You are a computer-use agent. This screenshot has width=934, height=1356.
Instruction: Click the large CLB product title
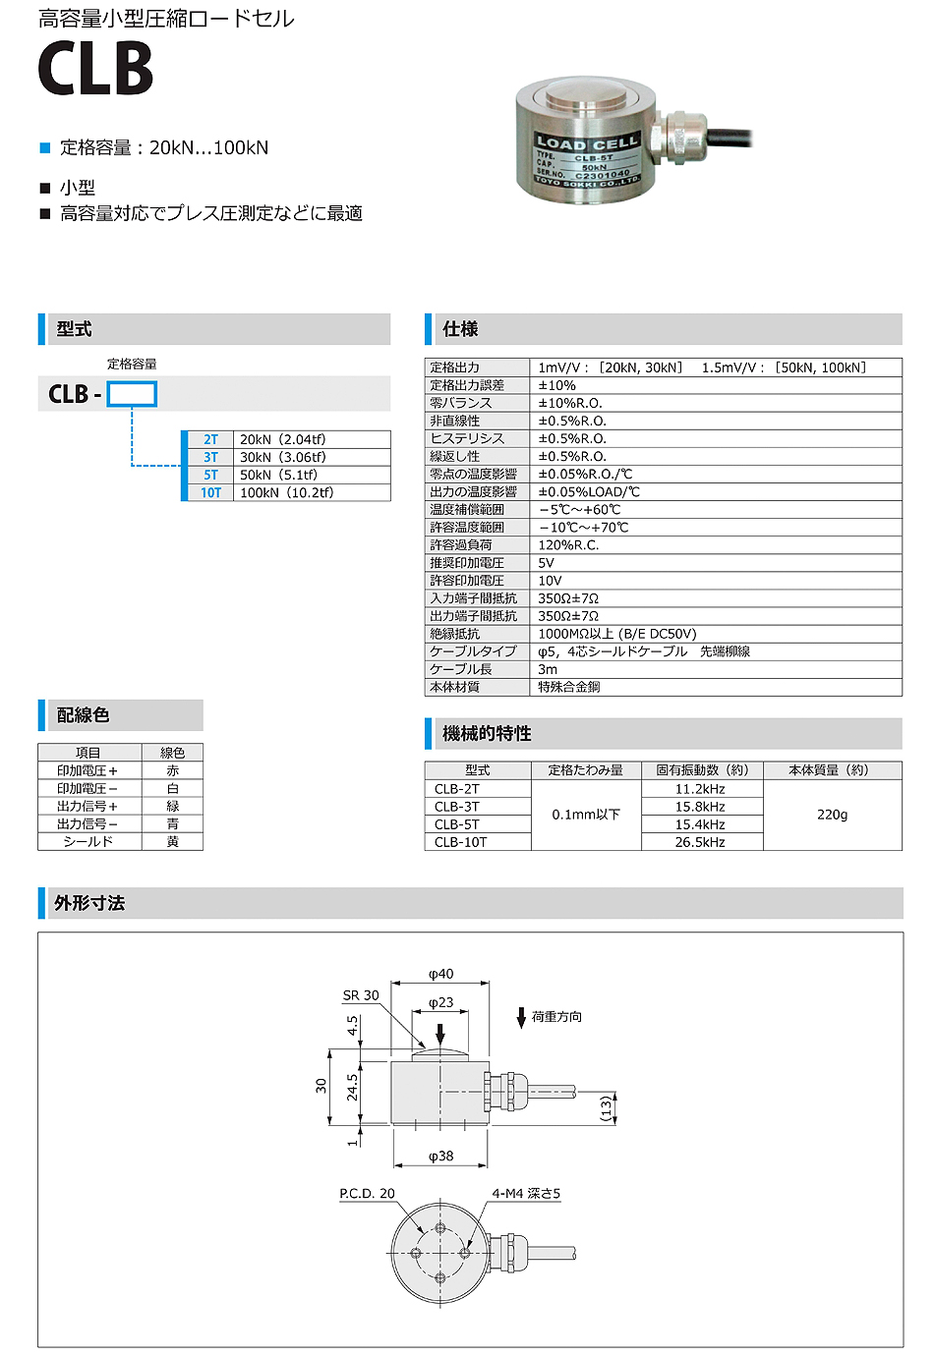(x=95, y=69)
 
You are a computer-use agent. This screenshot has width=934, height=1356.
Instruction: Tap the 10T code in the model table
(x=210, y=492)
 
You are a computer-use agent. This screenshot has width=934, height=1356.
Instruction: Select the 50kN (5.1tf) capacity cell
(x=278, y=475)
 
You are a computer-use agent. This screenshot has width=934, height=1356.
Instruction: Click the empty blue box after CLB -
(x=132, y=394)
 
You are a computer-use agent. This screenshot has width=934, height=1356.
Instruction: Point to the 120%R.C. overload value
(x=568, y=545)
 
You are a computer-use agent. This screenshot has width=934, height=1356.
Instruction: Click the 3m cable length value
(x=548, y=669)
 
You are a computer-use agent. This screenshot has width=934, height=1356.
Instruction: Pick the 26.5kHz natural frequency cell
(x=700, y=842)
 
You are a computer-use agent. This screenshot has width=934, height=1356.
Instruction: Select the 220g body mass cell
(x=832, y=815)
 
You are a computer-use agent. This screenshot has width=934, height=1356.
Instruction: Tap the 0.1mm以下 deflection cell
(x=586, y=815)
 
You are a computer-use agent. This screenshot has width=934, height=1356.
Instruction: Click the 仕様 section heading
(x=460, y=329)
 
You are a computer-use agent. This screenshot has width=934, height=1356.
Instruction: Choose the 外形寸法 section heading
(x=89, y=903)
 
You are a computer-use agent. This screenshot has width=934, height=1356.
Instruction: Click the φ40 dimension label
(x=441, y=974)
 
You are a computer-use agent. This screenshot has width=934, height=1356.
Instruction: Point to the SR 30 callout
(x=361, y=995)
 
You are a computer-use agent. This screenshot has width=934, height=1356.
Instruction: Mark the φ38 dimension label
(x=441, y=1157)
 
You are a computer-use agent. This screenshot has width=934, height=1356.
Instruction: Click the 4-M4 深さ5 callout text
(x=526, y=1194)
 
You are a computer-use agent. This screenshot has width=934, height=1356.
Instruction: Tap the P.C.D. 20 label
(x=367, y=1194)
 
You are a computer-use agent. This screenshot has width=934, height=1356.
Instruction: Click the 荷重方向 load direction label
(x=556, y=1017)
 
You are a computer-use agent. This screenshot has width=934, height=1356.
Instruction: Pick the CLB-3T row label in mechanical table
(x=457, y=807)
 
